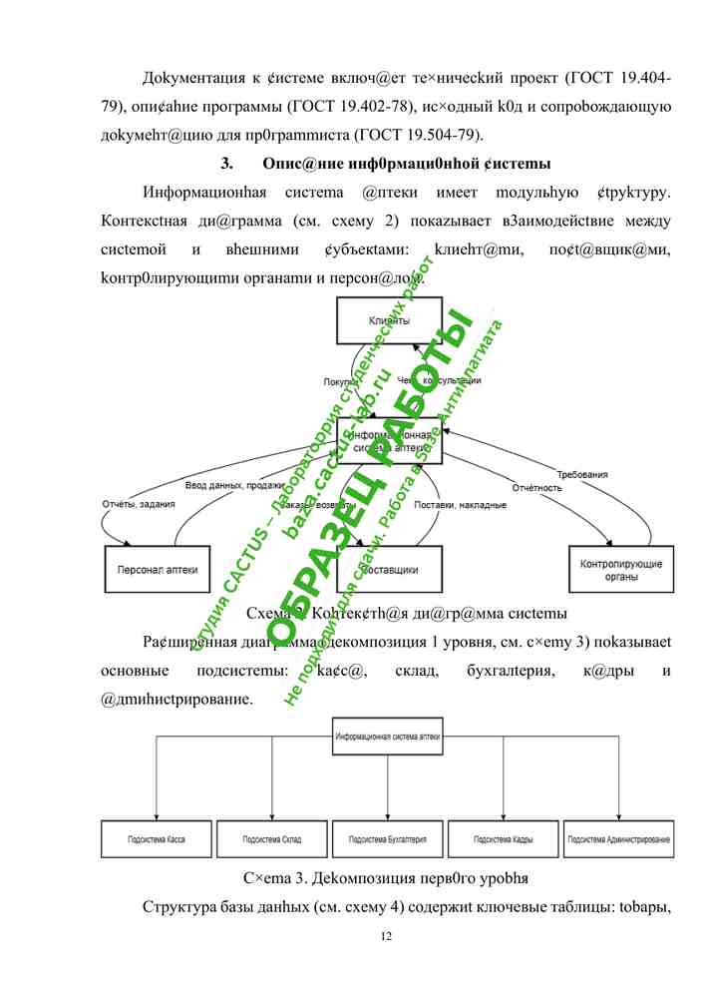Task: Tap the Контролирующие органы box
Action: point(620,569)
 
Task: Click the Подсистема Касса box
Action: point(157,839)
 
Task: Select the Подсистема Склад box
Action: point(272,839)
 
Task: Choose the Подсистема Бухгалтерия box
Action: point(388,839)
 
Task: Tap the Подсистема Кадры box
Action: point(504,839)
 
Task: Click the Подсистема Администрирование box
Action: point(619,839)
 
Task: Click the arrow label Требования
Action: point(582,475)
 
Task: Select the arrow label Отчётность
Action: point(537,488)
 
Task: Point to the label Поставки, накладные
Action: point(461,506)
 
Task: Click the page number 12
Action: point(388,936)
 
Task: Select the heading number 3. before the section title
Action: point(226,163)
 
